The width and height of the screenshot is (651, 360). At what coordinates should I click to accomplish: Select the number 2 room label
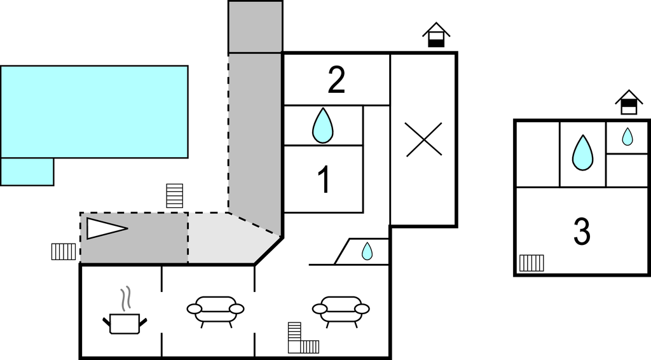pyautogui.click(x=336, y=80)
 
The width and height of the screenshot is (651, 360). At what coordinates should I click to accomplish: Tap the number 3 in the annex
pyautogui.click(x=582, y=232)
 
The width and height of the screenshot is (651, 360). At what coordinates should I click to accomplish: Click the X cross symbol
pyautogui.click(x=424, y=139)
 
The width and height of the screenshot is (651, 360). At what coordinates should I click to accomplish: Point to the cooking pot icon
pyautogui.click(x=125, y=324)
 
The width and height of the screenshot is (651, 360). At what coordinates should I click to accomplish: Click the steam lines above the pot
pyautogui.click(x=125, y=298)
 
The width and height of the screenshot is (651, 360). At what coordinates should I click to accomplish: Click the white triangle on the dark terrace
pyautogui.click(x=107, y=228)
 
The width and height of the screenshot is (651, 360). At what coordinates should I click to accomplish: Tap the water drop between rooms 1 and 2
pyautogui.click(x=322, y=125)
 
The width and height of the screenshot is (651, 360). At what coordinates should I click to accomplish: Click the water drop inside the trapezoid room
pyautogui.click(x=367, y=251)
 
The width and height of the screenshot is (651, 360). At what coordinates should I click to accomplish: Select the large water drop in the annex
pyautogui.click(x=582, y=153)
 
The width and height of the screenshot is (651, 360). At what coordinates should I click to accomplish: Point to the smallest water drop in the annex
pyautogui.click(x=627, y=137)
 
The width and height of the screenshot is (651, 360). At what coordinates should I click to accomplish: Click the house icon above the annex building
pyautogui.click(x=629, y=102)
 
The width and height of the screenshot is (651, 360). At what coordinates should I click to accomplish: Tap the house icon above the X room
pyautogui.click(x=436, y=35)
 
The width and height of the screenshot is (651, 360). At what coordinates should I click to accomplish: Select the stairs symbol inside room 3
pyautogui.click(x=531, y=263)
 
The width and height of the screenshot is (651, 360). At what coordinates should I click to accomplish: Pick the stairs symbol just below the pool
pyautogui.click(x=174, y=196)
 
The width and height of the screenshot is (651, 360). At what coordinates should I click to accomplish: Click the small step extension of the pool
pyautogui.click(x=27, y=172)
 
